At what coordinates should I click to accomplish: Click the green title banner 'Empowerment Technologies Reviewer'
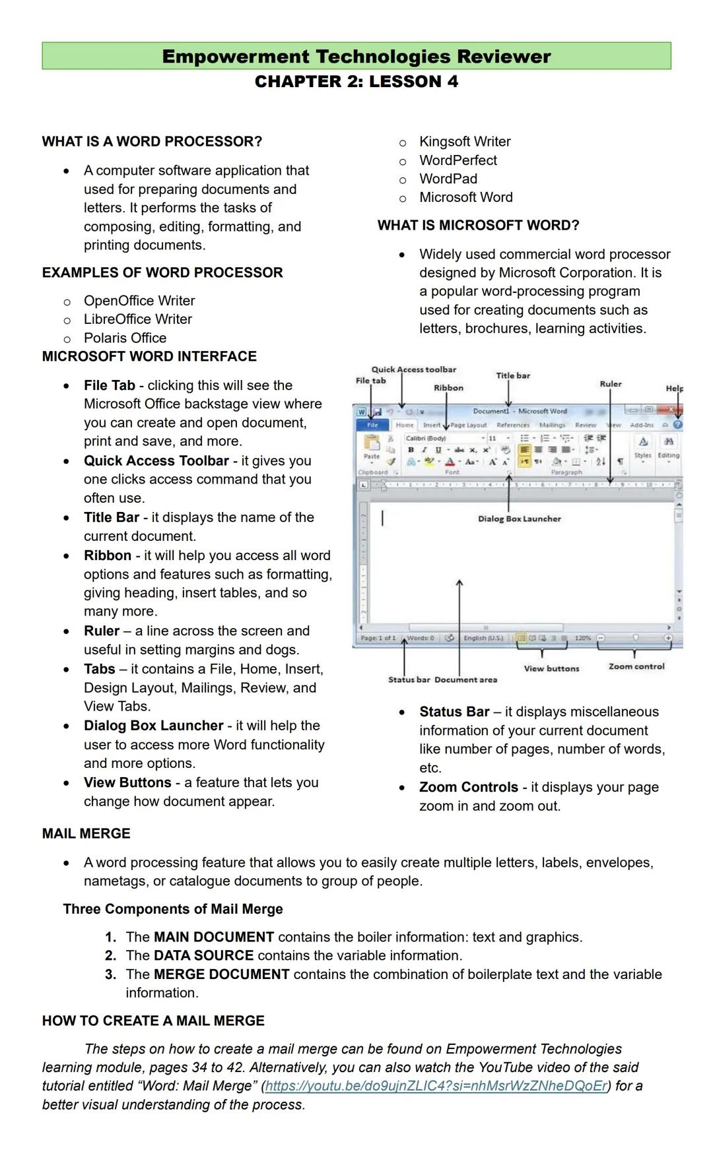click(x=356, y=56)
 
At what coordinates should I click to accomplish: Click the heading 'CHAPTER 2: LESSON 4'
click(x=356, y=82)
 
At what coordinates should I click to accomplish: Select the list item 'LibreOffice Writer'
click(x=137, y=319)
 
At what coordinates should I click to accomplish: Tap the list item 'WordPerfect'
click(x=458, y=160)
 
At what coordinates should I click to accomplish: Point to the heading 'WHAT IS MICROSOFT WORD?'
click(x=478, y=226)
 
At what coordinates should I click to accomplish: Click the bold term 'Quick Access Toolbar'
click(x=156, y=461)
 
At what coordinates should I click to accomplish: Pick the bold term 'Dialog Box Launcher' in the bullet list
click(x=153, y=726)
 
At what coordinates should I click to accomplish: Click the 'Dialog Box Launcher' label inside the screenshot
click(x=520, y=519)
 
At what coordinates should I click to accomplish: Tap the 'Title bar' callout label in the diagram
click(x=513, y=376)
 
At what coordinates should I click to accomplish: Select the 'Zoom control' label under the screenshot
click(x=636, y=667)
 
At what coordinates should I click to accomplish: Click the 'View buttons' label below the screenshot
click(x=551, y=669)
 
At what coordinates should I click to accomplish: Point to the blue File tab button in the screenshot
click(x=372, y=426)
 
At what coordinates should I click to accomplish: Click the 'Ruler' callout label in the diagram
click(x=611, y=384)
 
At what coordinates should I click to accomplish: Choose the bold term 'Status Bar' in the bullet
click(x=454, y=712)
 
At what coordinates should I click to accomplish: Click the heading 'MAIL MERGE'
click(x=86, y=834)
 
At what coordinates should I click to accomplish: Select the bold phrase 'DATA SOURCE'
click(x=203, y=956)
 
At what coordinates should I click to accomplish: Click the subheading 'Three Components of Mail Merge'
click(x=173, y=909)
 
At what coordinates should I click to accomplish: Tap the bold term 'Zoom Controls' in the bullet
click(x=468, y=788)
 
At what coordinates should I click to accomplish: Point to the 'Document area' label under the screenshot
click(x=465, y=680)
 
